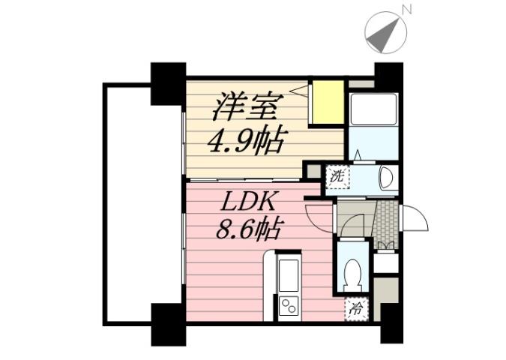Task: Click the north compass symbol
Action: tap(385, 31)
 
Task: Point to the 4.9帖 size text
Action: tap(247, 140)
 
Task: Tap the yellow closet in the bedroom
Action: tap(328, 102)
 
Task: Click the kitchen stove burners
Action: tap(289, 305)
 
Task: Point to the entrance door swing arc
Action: tap(415, 219)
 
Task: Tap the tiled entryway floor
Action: tap(385, 223)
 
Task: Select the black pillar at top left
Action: tap(168, 83)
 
